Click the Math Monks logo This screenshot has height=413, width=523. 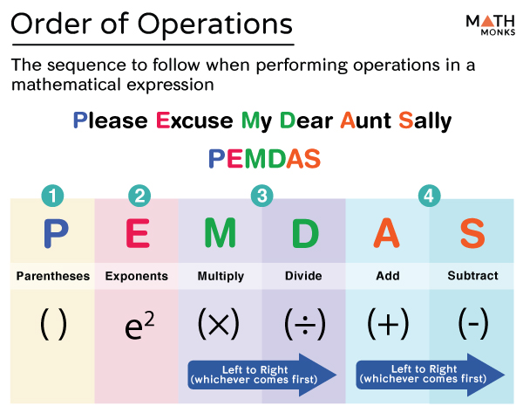pyautogui.click(x=490, y=25)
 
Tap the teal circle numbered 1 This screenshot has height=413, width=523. pyautogui.click(x=52, y=196)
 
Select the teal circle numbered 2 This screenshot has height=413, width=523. pyautogui.click(x=139, y=196)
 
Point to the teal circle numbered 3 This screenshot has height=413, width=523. pyautogui.click(x=262, y=196)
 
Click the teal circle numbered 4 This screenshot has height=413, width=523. pyautogui.click(x=429, y=196)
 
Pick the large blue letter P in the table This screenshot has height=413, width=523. pyautogui.click(x=56, y=233)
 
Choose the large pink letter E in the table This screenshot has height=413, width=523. pyautogui.click(x=138, y=233)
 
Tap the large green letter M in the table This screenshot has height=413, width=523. pyautogui.click(x=221, y=232)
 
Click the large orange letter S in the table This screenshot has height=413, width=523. pyautogui.click(x=472, y=233)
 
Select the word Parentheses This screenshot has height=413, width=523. pyautogui.click(x=53, y=276)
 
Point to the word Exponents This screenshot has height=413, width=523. pyautogui.click(x=137, y=276)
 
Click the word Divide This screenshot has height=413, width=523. pyautogui.click(x=303, y=276)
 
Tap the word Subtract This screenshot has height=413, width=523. pyautogui.click(x=472, y=276)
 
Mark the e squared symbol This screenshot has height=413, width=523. pyautogui.click(x=139, y=325)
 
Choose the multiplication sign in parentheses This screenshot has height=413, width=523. pyautogui.click(x=219, y=324)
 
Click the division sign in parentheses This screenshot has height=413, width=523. pyautogui.click(x=305, y=324)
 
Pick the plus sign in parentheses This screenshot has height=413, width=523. pyautogui.click(x=388, y=324)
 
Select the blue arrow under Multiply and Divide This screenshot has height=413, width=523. pyautogui.click(x=262, y=375)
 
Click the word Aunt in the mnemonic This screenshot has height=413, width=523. pyautogui.click(x=365, y=120)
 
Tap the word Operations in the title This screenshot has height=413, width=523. pyautogui.click(x=214, y=24)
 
